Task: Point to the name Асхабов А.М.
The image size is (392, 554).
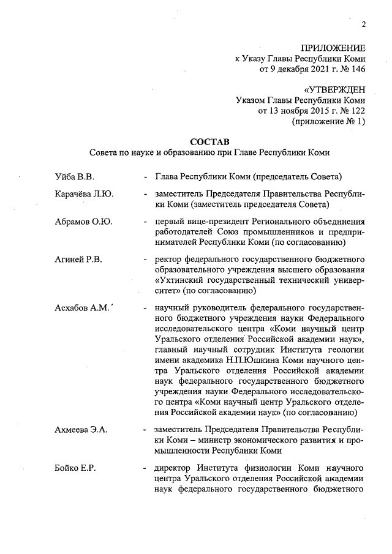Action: [81, 307]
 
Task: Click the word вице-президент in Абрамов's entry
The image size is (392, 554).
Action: [213, 221]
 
